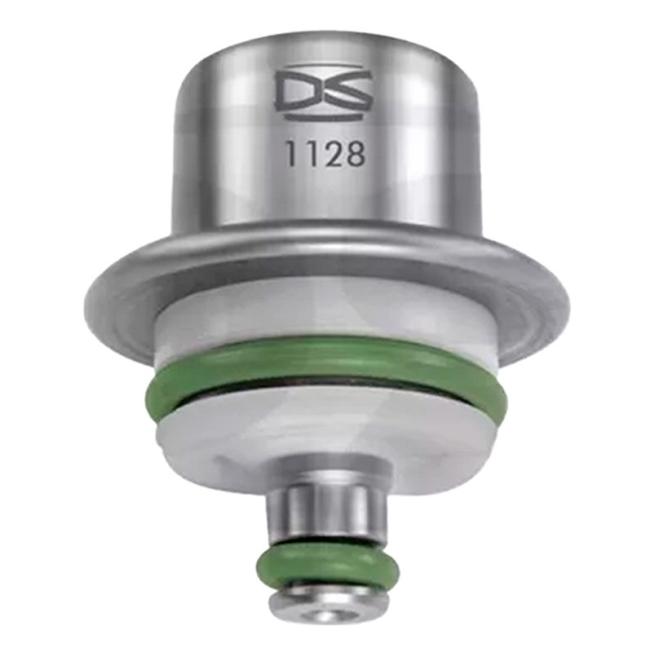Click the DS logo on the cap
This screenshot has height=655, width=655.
coord(323,92)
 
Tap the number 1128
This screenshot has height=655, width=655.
coord(324,154)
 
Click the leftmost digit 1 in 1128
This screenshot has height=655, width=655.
coord(291,154)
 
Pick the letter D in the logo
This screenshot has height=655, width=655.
coord(298,92)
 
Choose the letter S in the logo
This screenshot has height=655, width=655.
coord(347,92)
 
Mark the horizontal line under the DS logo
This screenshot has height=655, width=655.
coord(323,118)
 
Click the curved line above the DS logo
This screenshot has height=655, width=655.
coord(323,67)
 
